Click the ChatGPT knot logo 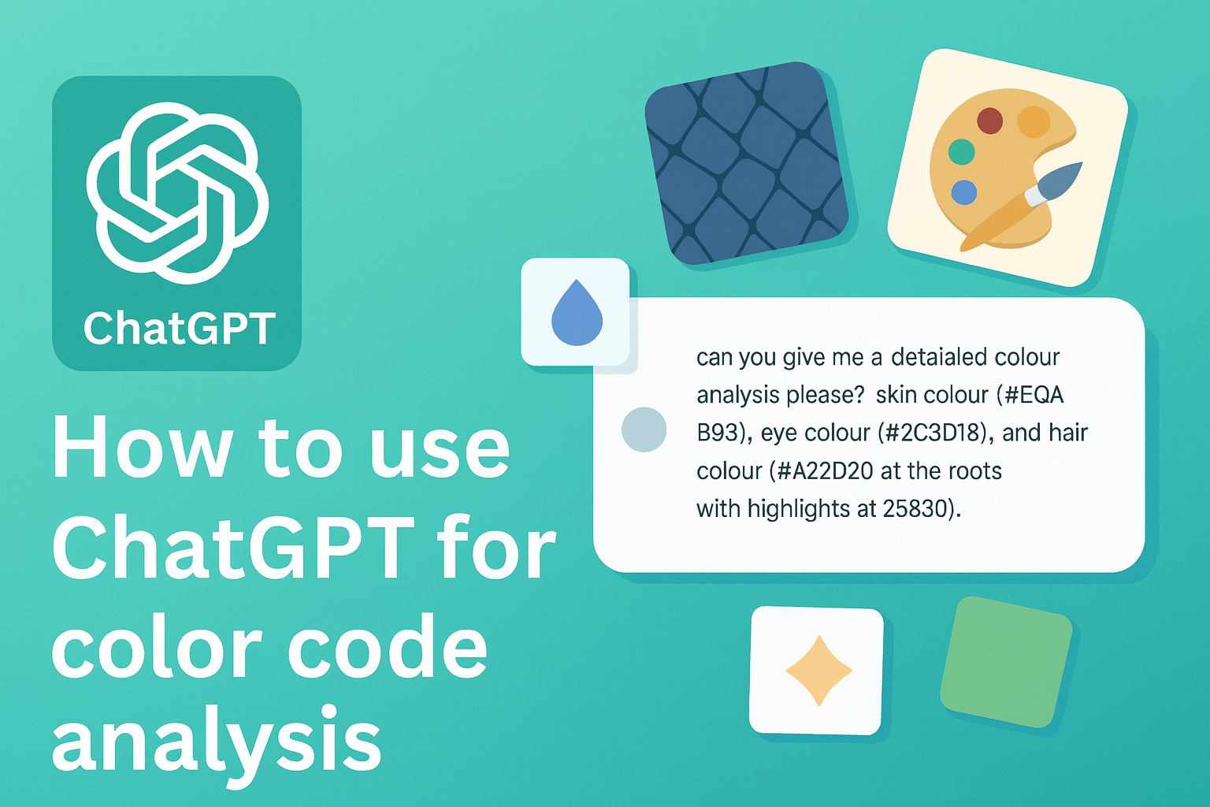[177, 192]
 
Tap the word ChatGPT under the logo [179, 329]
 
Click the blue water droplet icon [577, 313]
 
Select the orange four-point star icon [818, 671]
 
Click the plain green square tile [1006, 661]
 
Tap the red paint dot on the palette [989, 121]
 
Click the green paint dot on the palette [961, 151]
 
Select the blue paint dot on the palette [963, 192]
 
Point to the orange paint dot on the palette [1034, 122]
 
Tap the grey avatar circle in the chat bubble [644, 430]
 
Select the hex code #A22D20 [825, 471]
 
